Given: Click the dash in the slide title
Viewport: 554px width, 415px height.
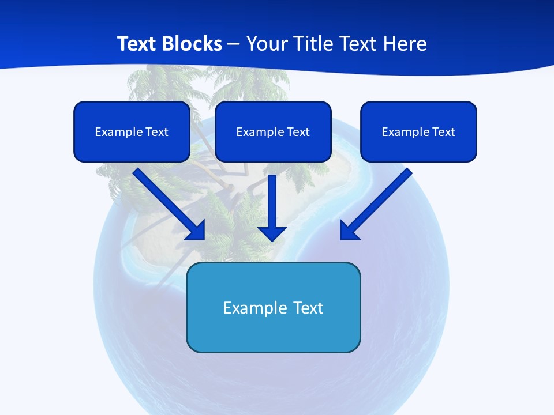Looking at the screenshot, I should click(234, 44).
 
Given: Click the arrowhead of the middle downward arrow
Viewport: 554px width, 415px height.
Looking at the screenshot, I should click(272, 233).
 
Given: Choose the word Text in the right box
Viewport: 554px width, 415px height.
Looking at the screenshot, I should click(443, 132).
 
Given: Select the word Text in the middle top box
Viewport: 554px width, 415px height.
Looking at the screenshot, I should click(298, 132).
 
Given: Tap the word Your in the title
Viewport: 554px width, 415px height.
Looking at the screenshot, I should click(267, 44).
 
